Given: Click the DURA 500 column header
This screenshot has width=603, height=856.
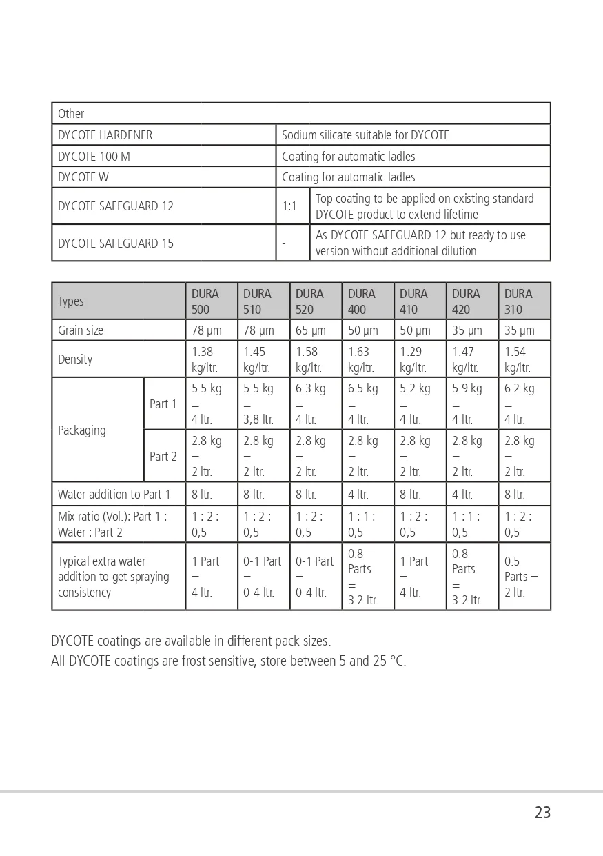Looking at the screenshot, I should coord(211,301).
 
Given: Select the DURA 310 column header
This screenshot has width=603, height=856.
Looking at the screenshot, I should coord(524,301).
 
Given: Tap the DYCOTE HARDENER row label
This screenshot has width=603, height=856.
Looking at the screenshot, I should coord(105,135).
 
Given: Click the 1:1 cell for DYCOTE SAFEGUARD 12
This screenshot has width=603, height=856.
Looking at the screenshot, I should coord(290,206).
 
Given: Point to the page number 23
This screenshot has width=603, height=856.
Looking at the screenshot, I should coord(542,813).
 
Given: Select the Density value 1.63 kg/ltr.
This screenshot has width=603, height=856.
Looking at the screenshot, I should coord(367,359).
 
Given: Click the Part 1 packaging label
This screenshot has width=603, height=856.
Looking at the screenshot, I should coord(163,404).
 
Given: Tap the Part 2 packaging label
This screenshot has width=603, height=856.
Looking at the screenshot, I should coord(163,457).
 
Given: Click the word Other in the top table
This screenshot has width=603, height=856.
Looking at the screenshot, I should coord(71,114).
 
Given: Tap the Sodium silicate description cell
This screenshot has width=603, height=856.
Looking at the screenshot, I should coord(365,135).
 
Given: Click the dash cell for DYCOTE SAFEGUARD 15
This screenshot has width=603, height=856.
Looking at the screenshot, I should coord(284,243).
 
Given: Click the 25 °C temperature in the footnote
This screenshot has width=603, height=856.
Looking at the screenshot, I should coord(389,661).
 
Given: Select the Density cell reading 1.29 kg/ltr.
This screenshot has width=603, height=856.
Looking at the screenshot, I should coord(420,359).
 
